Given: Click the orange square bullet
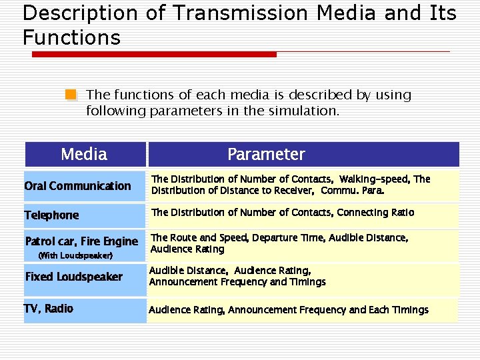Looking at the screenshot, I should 71,95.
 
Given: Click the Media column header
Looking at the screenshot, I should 84,155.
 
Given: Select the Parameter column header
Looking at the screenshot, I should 266,155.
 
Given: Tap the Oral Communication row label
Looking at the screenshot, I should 77,186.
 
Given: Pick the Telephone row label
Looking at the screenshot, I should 51,215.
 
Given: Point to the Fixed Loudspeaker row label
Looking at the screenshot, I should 73,277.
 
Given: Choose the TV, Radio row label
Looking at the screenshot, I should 49,309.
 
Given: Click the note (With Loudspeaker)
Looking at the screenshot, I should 75,255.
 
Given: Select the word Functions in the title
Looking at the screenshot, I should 71,37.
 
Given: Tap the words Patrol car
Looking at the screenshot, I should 49,241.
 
